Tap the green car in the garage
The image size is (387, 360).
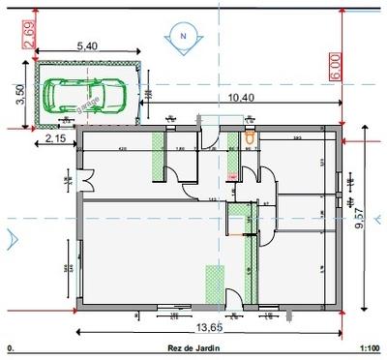point(80,94)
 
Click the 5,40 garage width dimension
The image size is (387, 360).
point(86,45)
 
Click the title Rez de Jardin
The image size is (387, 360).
point(190,346)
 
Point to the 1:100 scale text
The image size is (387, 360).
point(369,346)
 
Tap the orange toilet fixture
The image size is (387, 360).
point(252,138)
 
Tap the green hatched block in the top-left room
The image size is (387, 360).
point(159,155)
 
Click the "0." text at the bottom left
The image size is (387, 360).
point(10,346)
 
